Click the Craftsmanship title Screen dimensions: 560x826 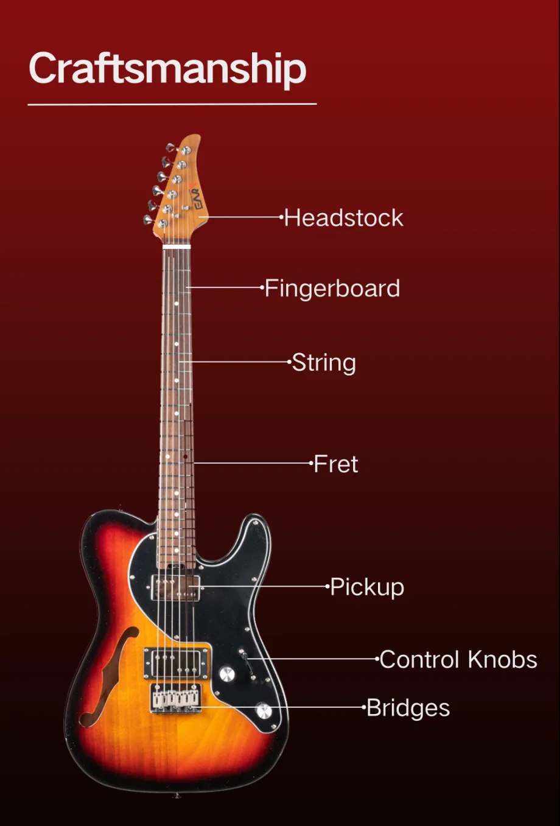(x=167, y=68)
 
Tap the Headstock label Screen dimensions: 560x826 (x=343, y=218)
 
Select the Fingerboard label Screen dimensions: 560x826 (x=332, y=289)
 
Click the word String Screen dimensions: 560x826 (x=324, y=363)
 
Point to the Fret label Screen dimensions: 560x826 (x=336, y=464)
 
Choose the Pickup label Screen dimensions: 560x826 (x=367, y=587)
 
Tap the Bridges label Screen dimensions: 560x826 (x=408, y=709)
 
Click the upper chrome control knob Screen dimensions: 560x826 (x=226, y=674)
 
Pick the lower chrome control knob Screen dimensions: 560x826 (x=264, y=710)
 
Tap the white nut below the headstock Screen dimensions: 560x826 (x=177, y=247)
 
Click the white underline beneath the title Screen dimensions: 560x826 (x=172, y=104)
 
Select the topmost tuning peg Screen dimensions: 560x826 (x=170, y=147)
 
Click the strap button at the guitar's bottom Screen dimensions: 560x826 (x=176, y=794)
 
